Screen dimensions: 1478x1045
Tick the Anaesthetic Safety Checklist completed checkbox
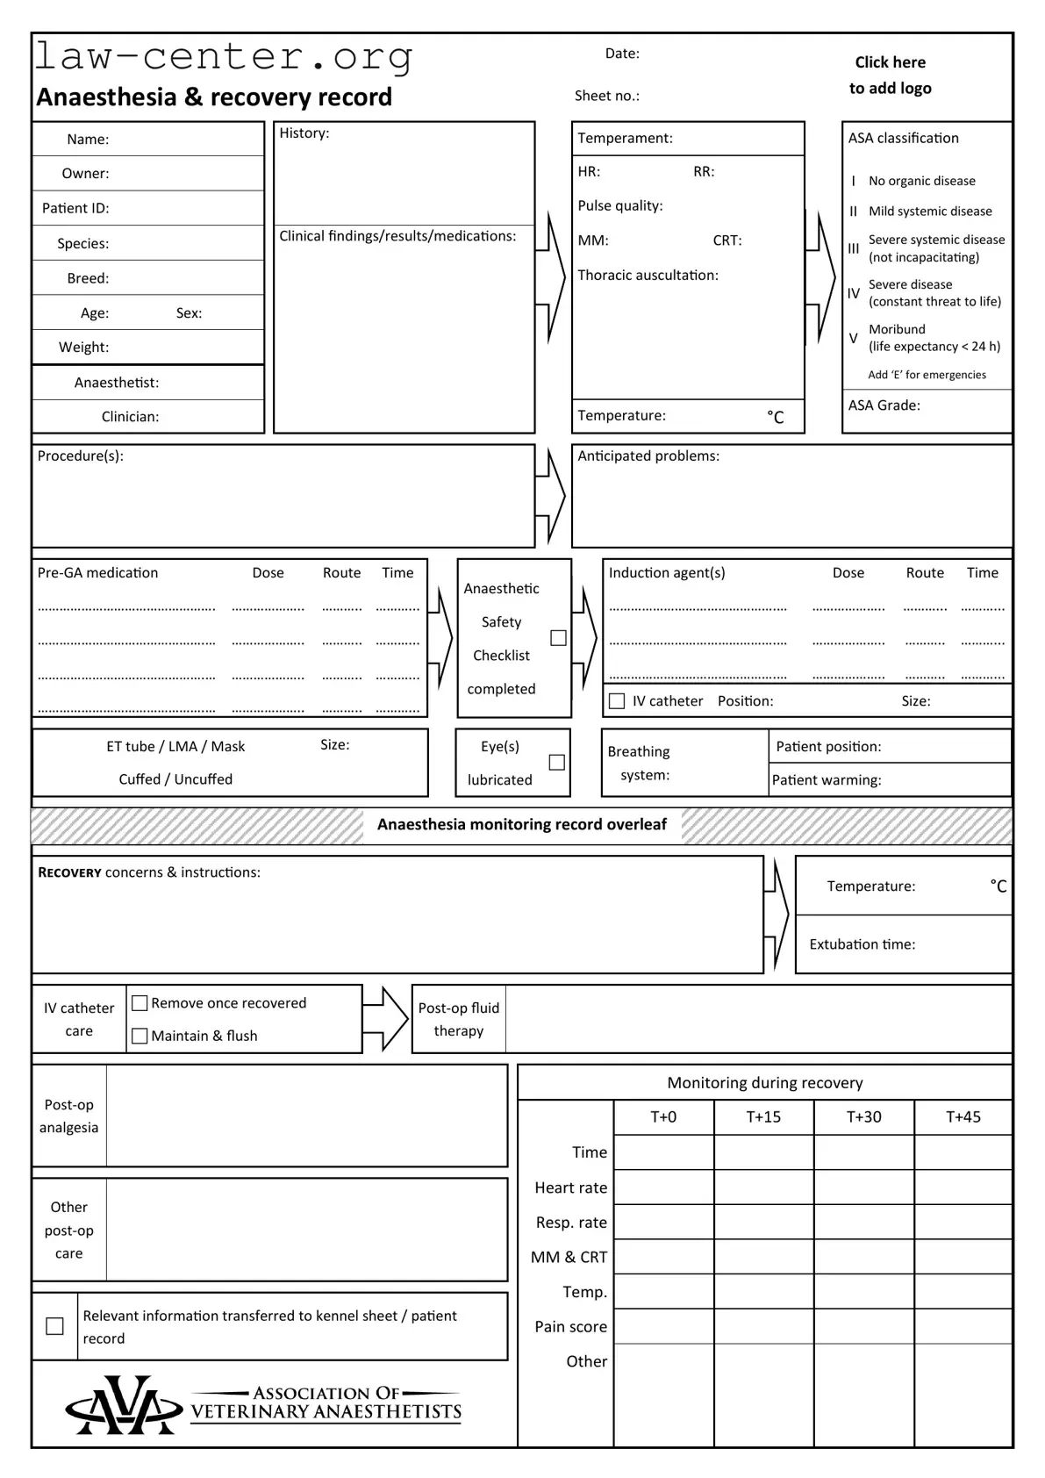click(x=558, y=638)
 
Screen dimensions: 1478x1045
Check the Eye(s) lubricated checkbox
click(x=556, y=762)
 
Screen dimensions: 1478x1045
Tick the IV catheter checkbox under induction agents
click(x=617, y=701)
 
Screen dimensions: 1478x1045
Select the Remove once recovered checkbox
click(x=140, y=1002)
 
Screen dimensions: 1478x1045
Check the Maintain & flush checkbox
click(x=140, y=1036)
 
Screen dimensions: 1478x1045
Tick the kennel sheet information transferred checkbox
click(x=54, y=1326)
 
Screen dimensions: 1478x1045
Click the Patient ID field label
click(x=75, y=208)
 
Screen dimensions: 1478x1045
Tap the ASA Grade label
click(x=884, y=405)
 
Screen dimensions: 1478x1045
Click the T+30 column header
click(x=863, y=1117)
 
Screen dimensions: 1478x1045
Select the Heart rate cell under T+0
click(x=663, y=1187)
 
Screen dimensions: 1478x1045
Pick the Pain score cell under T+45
click(x=963, y=1326)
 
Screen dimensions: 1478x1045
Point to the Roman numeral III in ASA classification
click(x=854, y=248)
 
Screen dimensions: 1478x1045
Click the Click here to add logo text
click(x=890, y=75)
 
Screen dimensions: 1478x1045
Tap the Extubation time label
click(x=862, y=944)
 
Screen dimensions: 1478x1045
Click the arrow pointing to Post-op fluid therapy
click(x=385, y=1019)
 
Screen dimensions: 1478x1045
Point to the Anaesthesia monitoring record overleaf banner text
click(x=522, y=824)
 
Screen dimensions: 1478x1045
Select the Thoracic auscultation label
click(x=648, y=276)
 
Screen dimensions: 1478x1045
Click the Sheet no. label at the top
click(x=606, y=96)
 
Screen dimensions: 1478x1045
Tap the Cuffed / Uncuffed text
click(x=175, y=779)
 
